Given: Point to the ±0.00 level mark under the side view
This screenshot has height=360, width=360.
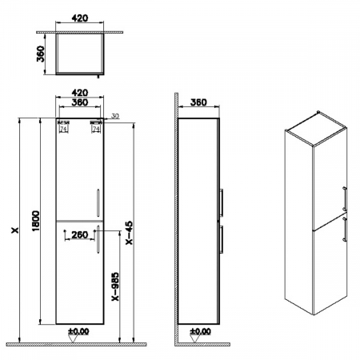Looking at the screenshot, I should coord(198,330).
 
